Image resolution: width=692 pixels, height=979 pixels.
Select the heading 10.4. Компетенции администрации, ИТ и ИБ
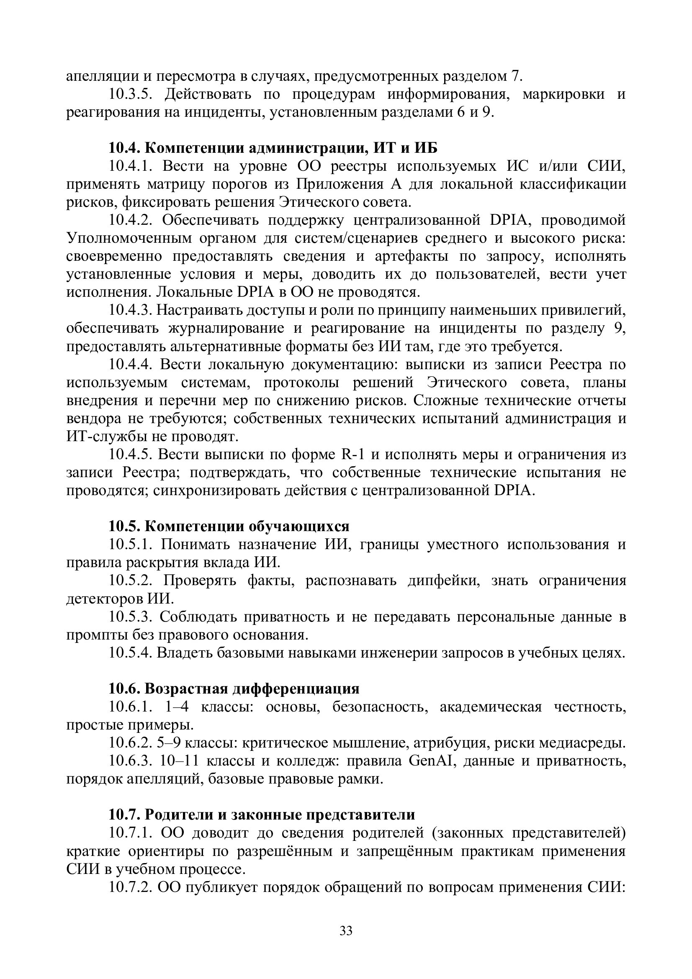pos(273,147)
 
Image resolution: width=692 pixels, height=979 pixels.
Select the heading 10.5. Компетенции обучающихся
pos(229,526)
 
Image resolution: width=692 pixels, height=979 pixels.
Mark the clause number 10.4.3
pos(131,310)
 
